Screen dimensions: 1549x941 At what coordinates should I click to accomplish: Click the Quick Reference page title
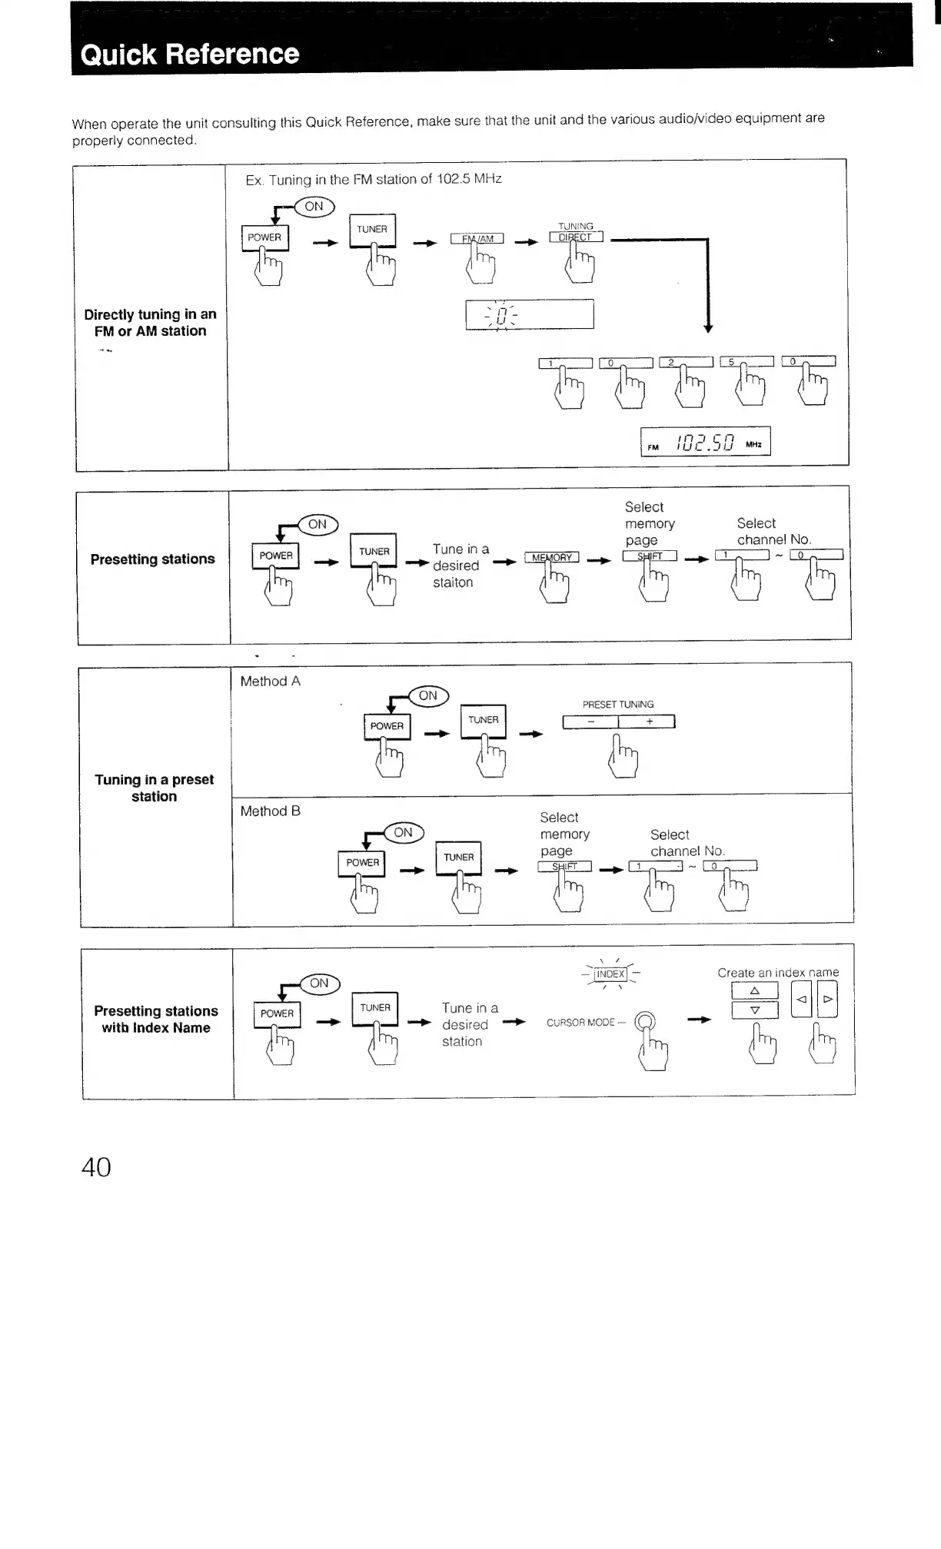[x=190, y=54]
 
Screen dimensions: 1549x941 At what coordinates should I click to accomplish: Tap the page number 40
[x=96, y=1167]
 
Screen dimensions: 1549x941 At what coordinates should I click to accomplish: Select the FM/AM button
[x=477, y=238]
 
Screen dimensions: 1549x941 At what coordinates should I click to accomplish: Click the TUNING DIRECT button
[x=576, y=237]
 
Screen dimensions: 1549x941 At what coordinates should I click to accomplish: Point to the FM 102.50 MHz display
[x=705, y=442]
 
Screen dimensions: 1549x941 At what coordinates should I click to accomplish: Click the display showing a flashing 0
[x=530, y=314]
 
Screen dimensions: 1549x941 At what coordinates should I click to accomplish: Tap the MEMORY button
[x=551, y=557]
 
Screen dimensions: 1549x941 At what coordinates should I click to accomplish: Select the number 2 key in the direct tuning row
[x=686, y=362]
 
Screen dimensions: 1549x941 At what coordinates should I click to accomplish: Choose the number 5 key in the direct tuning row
[x=746, y=361]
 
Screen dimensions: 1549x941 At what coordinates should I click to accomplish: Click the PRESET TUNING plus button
[x=647, y=721]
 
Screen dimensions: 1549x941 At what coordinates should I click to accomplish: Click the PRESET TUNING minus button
[x=590, y=721]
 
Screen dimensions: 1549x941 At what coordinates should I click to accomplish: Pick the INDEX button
[x=611, y=974]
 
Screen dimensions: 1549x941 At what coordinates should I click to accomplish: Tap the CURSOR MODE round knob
[x=646, y=1021]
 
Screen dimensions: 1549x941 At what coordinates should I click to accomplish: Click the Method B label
[x=270, y=811]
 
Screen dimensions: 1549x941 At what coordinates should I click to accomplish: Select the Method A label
[x=270, y=682]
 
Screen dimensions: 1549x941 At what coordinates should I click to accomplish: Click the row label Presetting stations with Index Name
[x=156, y=1020]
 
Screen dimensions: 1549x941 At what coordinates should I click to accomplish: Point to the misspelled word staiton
[x=453, y=582]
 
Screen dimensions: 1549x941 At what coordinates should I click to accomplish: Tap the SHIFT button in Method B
[x=564, y=867]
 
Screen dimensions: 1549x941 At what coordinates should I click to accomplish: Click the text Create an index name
[x=778, y=973]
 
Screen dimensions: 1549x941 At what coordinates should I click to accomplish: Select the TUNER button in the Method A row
[x=483, y=721]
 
